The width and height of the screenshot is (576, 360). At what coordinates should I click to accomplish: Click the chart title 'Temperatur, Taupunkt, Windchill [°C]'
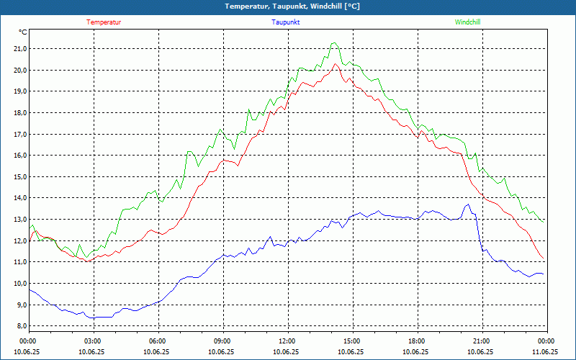click(292, 6)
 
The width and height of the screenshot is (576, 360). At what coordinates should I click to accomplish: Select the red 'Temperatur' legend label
click(104, 22)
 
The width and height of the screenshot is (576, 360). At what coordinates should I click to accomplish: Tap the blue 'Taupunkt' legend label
click(286, 22)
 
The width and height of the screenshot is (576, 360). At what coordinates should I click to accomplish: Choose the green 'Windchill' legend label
click(467, 22)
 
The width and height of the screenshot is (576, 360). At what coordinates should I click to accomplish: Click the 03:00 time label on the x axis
click(93, 341)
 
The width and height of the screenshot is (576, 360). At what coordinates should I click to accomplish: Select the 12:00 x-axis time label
click(287, 341)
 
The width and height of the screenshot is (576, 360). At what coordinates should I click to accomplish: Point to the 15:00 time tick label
click(352, 341)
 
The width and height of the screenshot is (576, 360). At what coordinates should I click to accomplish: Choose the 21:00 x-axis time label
click(482, 341)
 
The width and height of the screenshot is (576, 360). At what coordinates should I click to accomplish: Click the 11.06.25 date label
click(545, 352)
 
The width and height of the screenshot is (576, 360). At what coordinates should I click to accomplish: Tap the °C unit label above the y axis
click(23, 32)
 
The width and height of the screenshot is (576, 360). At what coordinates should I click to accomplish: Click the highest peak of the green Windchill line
click(333, 42)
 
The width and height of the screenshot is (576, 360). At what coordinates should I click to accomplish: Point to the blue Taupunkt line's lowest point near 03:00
click(91, 318)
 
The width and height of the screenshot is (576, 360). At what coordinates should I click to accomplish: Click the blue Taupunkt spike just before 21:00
click(467, 204)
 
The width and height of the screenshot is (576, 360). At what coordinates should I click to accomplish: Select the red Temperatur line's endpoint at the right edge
click(545, 261)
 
